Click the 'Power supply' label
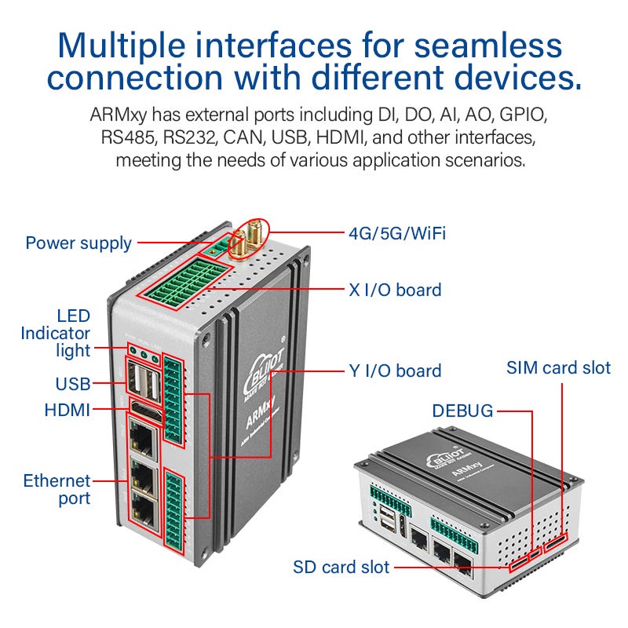[x=78, y=243]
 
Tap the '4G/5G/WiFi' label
[x=397, y=233]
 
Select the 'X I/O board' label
[x=395, y=290]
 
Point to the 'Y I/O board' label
[x=395, y=371]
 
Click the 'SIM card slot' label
[x=558, y=367]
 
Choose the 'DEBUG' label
[x=462, y=411]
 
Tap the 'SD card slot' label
[x=341, y=567]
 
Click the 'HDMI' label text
[x=68, y=410]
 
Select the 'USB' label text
[x=72, y=384]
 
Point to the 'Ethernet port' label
[x=57, y=489]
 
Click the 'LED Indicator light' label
[x=56, y=333]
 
